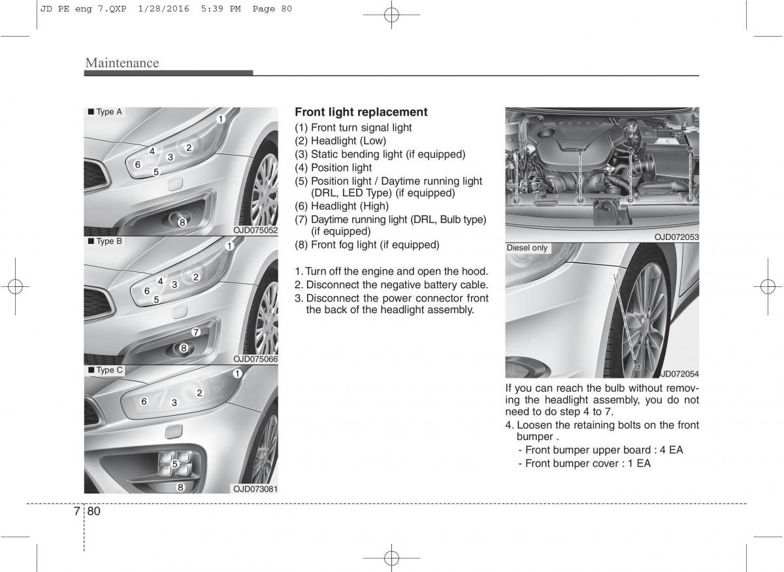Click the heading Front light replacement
coord(361,112)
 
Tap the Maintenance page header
coord(122,63)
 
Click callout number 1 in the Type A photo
coord(221,118)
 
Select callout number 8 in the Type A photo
coord(182,223)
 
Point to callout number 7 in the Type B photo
coord(195,332)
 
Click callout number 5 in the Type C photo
coord(175,463)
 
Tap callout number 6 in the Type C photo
coord(144,401)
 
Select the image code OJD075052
coord(255,230)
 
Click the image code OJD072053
coord(677,237)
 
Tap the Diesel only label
coord(527,248)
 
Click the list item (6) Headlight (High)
coord(342,206)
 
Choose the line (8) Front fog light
coord(367,244)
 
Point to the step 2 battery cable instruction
coord(391,285)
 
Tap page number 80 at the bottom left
coord(93,511)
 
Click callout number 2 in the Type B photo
coord(195,277)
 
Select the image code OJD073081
coord(255,488)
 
